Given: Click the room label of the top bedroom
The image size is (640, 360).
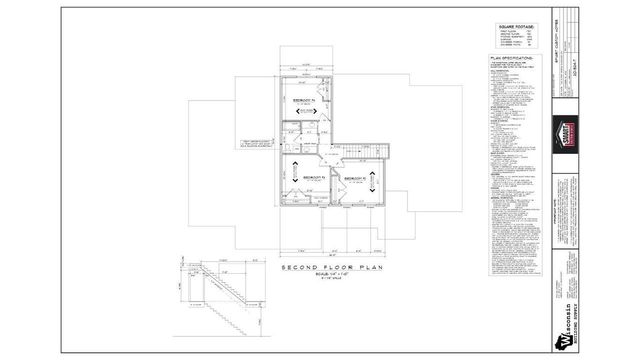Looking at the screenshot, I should [x=304, y=102].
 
